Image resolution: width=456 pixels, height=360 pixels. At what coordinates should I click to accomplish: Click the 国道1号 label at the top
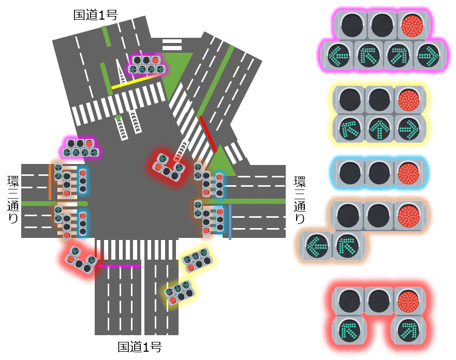coord(95,15)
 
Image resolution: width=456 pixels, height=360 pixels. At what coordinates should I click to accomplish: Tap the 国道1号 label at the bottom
coord(139,347)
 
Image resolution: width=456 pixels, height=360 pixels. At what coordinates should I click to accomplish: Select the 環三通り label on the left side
coord(13,199)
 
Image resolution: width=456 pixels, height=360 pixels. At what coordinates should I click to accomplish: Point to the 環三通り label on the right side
coord(300,199)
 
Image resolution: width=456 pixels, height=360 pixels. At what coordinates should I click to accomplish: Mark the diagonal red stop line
coord(208,133)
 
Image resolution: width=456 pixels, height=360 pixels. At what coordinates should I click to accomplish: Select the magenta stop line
coord(119,266)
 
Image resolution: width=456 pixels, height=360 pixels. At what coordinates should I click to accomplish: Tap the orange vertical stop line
coord(50,182)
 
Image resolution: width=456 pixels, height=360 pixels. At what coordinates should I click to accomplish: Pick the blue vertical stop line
coord(230,222)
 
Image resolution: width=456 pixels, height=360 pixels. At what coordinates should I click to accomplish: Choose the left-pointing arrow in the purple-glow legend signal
coord(337,55)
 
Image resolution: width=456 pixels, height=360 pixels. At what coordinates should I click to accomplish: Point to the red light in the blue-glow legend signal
coord(409,172)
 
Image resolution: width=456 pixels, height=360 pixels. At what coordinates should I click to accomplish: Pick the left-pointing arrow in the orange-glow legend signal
coord(317,245)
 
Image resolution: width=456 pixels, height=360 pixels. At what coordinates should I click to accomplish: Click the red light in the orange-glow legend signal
coord(409,215)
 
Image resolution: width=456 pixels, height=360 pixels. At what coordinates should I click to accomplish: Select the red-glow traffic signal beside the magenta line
coord(80,260)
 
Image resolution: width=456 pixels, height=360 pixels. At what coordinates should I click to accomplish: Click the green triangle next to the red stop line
coord(221,161)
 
